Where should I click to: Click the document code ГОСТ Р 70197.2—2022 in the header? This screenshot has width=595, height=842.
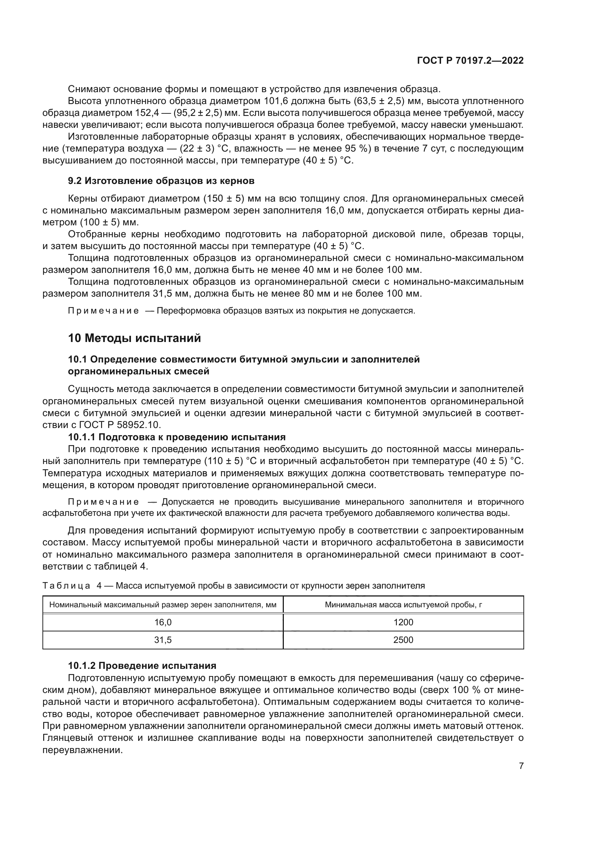(470, 61)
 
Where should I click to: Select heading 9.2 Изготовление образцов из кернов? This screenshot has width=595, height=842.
(161, 181)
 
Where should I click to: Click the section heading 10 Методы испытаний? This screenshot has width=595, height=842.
(135, 338)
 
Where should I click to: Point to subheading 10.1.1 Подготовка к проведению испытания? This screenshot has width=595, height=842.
(177, 437)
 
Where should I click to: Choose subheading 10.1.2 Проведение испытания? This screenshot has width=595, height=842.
(142, 666)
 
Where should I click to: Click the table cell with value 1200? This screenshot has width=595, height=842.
(403, 622)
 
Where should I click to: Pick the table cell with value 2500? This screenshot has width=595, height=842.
(403, 640)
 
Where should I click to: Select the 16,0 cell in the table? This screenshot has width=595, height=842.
(163, 622)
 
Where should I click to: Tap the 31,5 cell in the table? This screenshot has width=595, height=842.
(163, 640)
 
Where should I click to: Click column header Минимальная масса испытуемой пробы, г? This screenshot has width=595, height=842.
(403, 605)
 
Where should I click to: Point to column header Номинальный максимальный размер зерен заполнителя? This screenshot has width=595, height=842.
(163, 605)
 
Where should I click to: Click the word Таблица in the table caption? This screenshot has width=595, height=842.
(66, 585)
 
